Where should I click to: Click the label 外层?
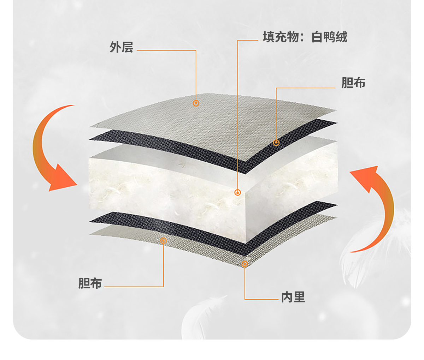[x=121, y=47]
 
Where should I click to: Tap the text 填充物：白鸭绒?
[x=305, y=37]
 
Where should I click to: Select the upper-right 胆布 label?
[x=353, y=83]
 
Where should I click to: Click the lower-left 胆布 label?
[x=90, y=283]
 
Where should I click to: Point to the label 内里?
[x=293, y=297]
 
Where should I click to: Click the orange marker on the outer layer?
[x=196, y=103]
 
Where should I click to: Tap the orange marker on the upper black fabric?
[x=276, y=143]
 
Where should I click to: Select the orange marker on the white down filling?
[x=238, y=192]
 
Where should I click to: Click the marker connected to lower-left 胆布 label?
[x=163, y=241]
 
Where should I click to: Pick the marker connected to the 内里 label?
[x=245, y=264]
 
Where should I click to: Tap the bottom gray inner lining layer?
[x=198, y=247]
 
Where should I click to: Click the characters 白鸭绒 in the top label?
[x=329, y=37]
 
